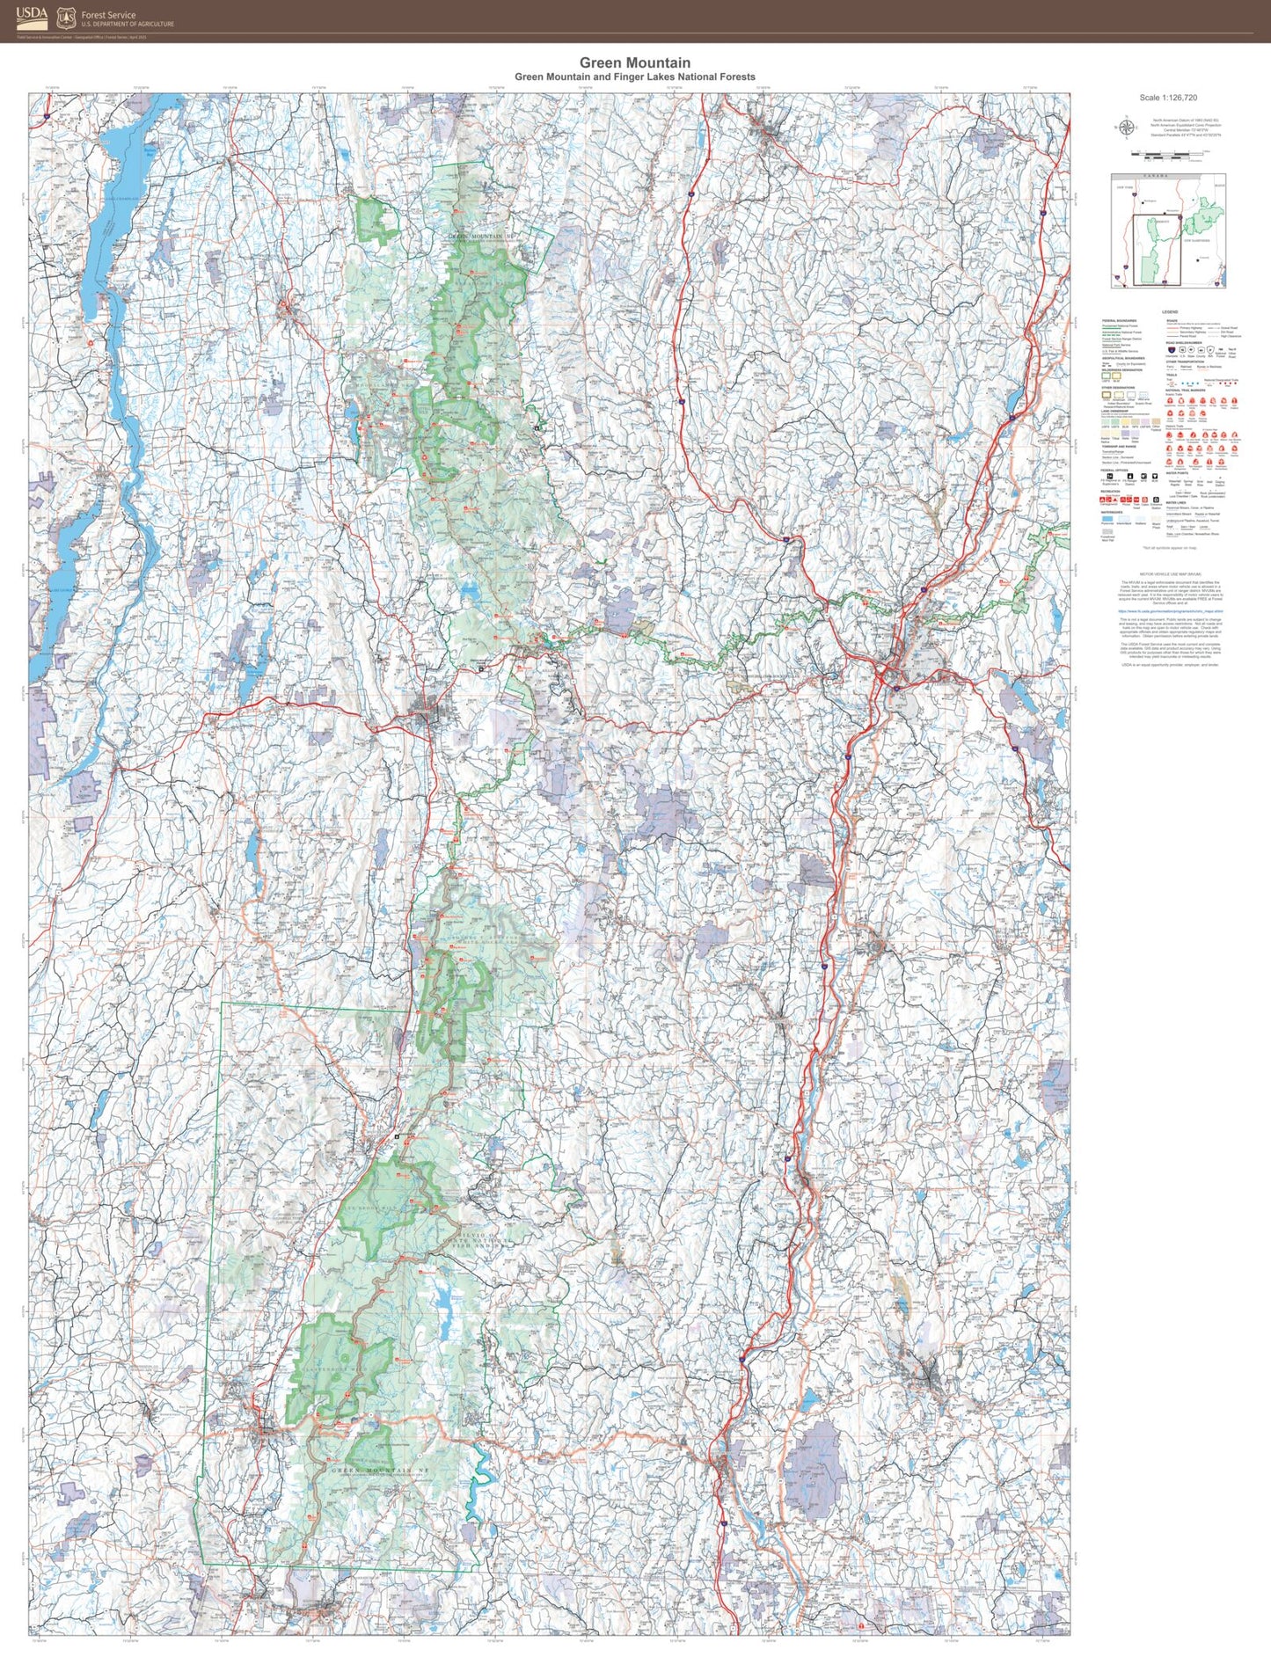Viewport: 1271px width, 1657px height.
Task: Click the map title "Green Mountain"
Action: click(634, 62)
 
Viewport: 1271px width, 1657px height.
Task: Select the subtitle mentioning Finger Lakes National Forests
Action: click(634, 77)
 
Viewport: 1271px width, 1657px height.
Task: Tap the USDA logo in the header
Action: click(32, 16)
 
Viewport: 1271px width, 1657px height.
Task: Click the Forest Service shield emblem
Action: click(66, 18)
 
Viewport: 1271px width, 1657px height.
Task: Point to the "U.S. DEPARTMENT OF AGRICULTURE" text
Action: click(128, 24)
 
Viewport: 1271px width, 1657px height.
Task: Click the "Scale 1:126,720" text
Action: click(1168, 98)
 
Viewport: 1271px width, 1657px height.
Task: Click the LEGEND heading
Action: click(1169, 312)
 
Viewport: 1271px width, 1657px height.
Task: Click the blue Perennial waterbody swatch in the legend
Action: click(1107, 520)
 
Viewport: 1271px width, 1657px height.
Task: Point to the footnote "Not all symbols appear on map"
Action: click(1168, 548)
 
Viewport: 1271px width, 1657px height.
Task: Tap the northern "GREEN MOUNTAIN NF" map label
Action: click(480, 236)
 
